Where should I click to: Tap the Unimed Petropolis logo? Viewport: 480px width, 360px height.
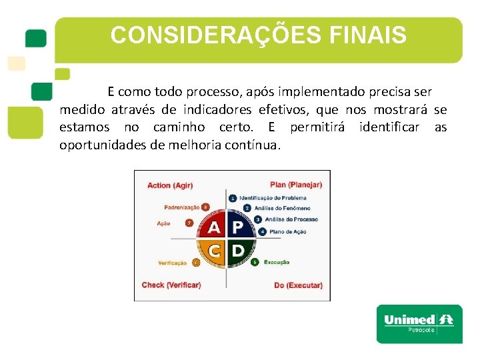(419, 323)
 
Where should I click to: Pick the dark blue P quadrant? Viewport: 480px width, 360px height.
(238, 227)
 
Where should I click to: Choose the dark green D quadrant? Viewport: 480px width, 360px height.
(238, 252)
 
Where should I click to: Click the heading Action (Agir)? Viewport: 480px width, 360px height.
(170, 185)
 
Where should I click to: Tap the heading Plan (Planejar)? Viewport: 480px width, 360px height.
(295, 185)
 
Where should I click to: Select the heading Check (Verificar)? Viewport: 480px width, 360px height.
(171, 285)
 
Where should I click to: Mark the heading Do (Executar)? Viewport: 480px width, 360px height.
(298, 285)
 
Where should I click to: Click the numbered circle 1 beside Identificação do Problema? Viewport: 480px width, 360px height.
(233, 198)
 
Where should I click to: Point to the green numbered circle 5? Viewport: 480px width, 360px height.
(255, 263)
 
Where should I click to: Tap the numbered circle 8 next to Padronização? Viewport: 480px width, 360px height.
(205, 207)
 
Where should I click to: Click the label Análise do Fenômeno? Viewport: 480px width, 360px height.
(282, 208)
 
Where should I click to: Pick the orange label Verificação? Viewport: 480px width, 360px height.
(173, 263)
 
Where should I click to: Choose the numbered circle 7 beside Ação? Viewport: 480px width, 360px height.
(189, 223)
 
